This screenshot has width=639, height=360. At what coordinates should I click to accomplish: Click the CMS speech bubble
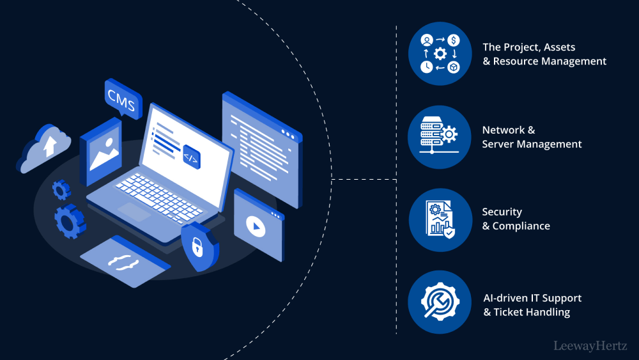click(x=122, y=100)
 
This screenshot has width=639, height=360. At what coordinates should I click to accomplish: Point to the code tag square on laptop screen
click(x=191, y=156)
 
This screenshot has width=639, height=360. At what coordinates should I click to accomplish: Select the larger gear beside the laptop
click(x=68, y=221)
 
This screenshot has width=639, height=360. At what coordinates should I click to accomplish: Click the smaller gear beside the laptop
click(x=61, y=189)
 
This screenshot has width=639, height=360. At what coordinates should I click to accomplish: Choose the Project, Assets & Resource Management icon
click(x=440, y=54)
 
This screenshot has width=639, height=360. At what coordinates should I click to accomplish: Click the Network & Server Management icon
click(x=440, y=137)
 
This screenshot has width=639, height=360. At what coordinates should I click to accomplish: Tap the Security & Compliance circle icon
click(x=440, y=219)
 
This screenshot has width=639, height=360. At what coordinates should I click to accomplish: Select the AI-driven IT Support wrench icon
click(x=440, y=302)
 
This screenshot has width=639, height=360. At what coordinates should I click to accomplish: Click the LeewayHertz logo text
click(x=590, y=346)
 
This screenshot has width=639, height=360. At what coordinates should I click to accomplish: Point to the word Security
click(x=502, y=212)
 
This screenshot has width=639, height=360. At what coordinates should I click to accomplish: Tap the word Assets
click(x=560, y=47)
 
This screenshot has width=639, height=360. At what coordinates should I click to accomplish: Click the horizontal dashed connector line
click(x=364, y=180)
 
